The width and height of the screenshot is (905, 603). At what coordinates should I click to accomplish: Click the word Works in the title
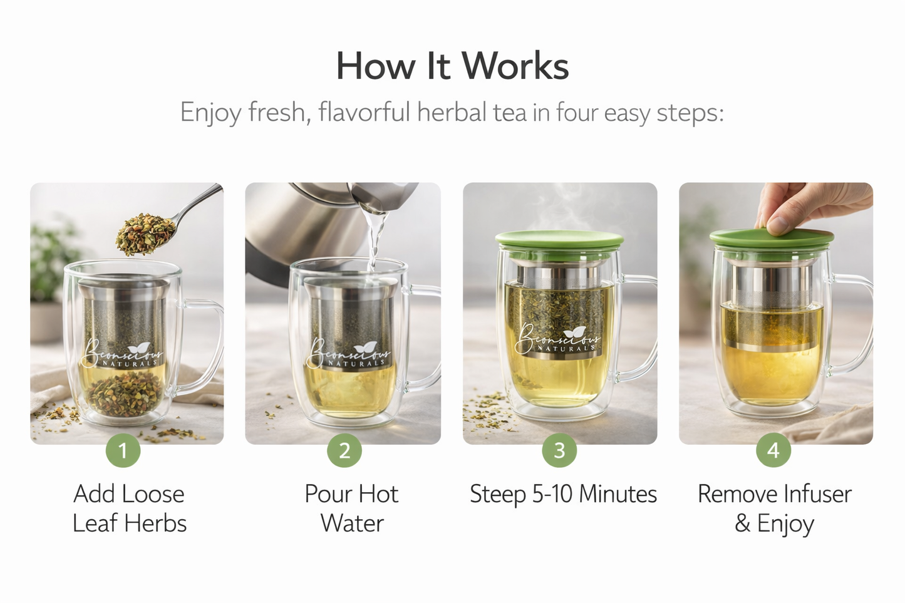(x=515, y=66)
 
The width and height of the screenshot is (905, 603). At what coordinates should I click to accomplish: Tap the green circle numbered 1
(x=123, y=450)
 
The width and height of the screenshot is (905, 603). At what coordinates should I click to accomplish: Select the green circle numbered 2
(x=344, y=450)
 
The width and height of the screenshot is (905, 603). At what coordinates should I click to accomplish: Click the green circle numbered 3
(x=559, y=450)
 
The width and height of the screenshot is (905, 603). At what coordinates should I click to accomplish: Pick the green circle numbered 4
(x=773, y=450)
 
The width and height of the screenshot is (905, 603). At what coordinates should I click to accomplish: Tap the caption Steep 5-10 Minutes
(x=563, y=494)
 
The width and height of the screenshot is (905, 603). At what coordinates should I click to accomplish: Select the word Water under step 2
(x=352, y=523)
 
